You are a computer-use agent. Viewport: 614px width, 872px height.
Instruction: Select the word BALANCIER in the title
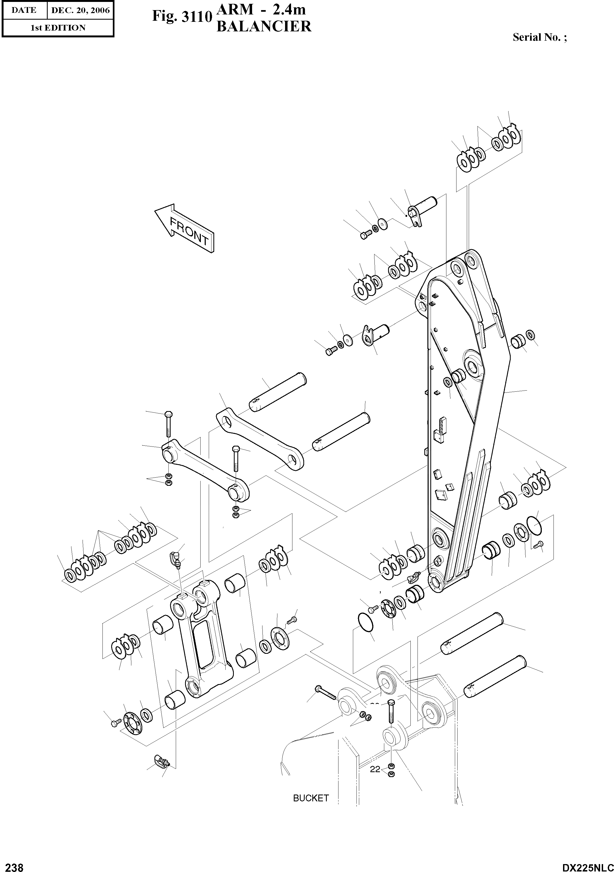point(264,26)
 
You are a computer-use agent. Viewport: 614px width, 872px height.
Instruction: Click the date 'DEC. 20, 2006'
point(80,10)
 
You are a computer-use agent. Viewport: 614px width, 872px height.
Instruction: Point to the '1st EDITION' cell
point(58,28)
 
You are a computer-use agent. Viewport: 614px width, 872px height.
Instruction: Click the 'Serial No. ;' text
point(540,37)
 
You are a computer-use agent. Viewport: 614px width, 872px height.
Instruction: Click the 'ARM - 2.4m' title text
point(261,10)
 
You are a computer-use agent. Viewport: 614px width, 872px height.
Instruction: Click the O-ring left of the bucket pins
point(365,622)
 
